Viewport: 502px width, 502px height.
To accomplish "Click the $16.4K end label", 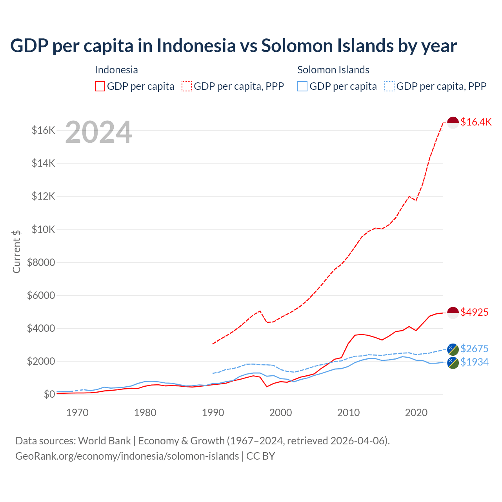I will click(476, 122).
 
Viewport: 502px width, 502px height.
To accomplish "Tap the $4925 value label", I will click(474, 312).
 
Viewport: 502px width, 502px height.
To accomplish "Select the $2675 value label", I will click(474, 349).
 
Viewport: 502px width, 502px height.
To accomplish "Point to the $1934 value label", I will click(474, 362).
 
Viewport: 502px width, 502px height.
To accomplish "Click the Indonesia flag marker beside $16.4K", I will click(453, 122).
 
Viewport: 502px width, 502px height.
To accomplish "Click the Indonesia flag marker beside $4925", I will click(453, 313).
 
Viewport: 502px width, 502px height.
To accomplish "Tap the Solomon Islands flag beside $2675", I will click(453, 349).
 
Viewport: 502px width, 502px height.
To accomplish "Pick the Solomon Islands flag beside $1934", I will click(453, 362).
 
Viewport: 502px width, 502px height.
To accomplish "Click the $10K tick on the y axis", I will click(43, 229).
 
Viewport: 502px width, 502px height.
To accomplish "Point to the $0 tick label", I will click(49, 394).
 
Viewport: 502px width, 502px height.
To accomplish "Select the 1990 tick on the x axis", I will click(213, 413).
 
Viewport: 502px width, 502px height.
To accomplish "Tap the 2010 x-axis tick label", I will click(348, 413).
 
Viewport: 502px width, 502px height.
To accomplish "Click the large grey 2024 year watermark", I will click(98, 132).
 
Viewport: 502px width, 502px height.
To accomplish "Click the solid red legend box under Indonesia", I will click(100, 86).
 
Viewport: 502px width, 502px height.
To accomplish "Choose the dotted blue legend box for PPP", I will click(389, 86).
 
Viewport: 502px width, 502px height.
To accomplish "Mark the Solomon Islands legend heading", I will click(333, 70).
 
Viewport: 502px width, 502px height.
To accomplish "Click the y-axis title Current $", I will click(16, 251).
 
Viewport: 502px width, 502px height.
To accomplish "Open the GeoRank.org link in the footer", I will click(127, 456).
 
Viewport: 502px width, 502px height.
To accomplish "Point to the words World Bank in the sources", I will click(104, 441).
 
